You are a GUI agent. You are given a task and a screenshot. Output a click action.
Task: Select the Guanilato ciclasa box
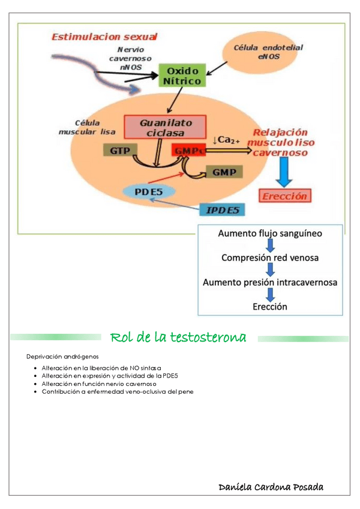tap(164, 127)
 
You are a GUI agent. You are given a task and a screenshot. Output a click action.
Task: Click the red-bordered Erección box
tap(284, 196)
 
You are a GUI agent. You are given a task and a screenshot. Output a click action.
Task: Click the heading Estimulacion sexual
tap(105, 37)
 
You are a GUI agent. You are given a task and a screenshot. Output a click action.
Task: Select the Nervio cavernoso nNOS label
tap(130, 58)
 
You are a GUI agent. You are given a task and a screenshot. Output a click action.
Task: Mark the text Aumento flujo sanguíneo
tap(270, 233)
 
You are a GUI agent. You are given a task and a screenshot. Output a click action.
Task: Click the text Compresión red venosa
tap(270, 258)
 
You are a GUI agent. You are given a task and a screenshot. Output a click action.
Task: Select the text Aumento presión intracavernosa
tap(270, 282)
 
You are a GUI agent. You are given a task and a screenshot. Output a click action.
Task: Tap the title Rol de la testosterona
tap(179, 337)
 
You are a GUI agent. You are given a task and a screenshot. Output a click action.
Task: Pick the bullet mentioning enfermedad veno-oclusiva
tap(118, 391)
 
